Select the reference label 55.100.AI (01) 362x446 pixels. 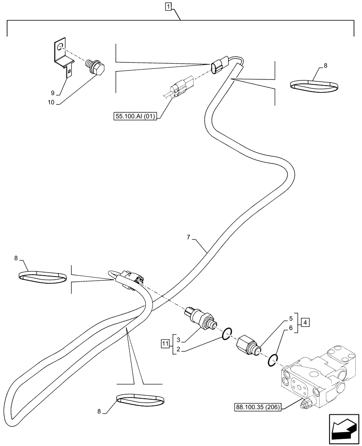click(x=136, y=117)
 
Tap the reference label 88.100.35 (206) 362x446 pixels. click(x=257, y=407)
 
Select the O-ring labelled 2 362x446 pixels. click(x=226, y=333)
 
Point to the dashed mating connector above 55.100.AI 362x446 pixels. click(x=181, y=88)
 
